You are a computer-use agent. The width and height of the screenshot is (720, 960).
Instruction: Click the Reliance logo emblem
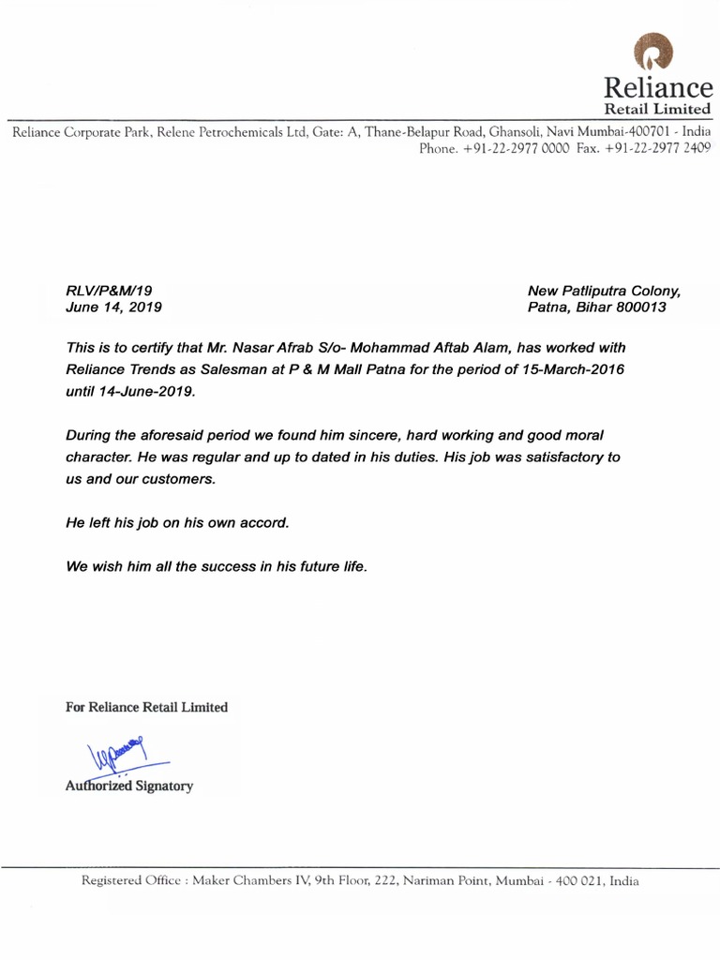[653, 52]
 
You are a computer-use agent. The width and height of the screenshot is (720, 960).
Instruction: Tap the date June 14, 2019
[113, 307]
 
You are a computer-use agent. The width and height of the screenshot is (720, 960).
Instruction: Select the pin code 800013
[637, 307]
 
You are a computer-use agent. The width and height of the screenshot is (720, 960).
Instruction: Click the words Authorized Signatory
[128, 786]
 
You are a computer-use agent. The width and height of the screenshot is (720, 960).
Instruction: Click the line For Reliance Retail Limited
[146, 707]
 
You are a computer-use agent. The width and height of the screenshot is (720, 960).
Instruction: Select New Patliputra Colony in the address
[605, 292]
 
